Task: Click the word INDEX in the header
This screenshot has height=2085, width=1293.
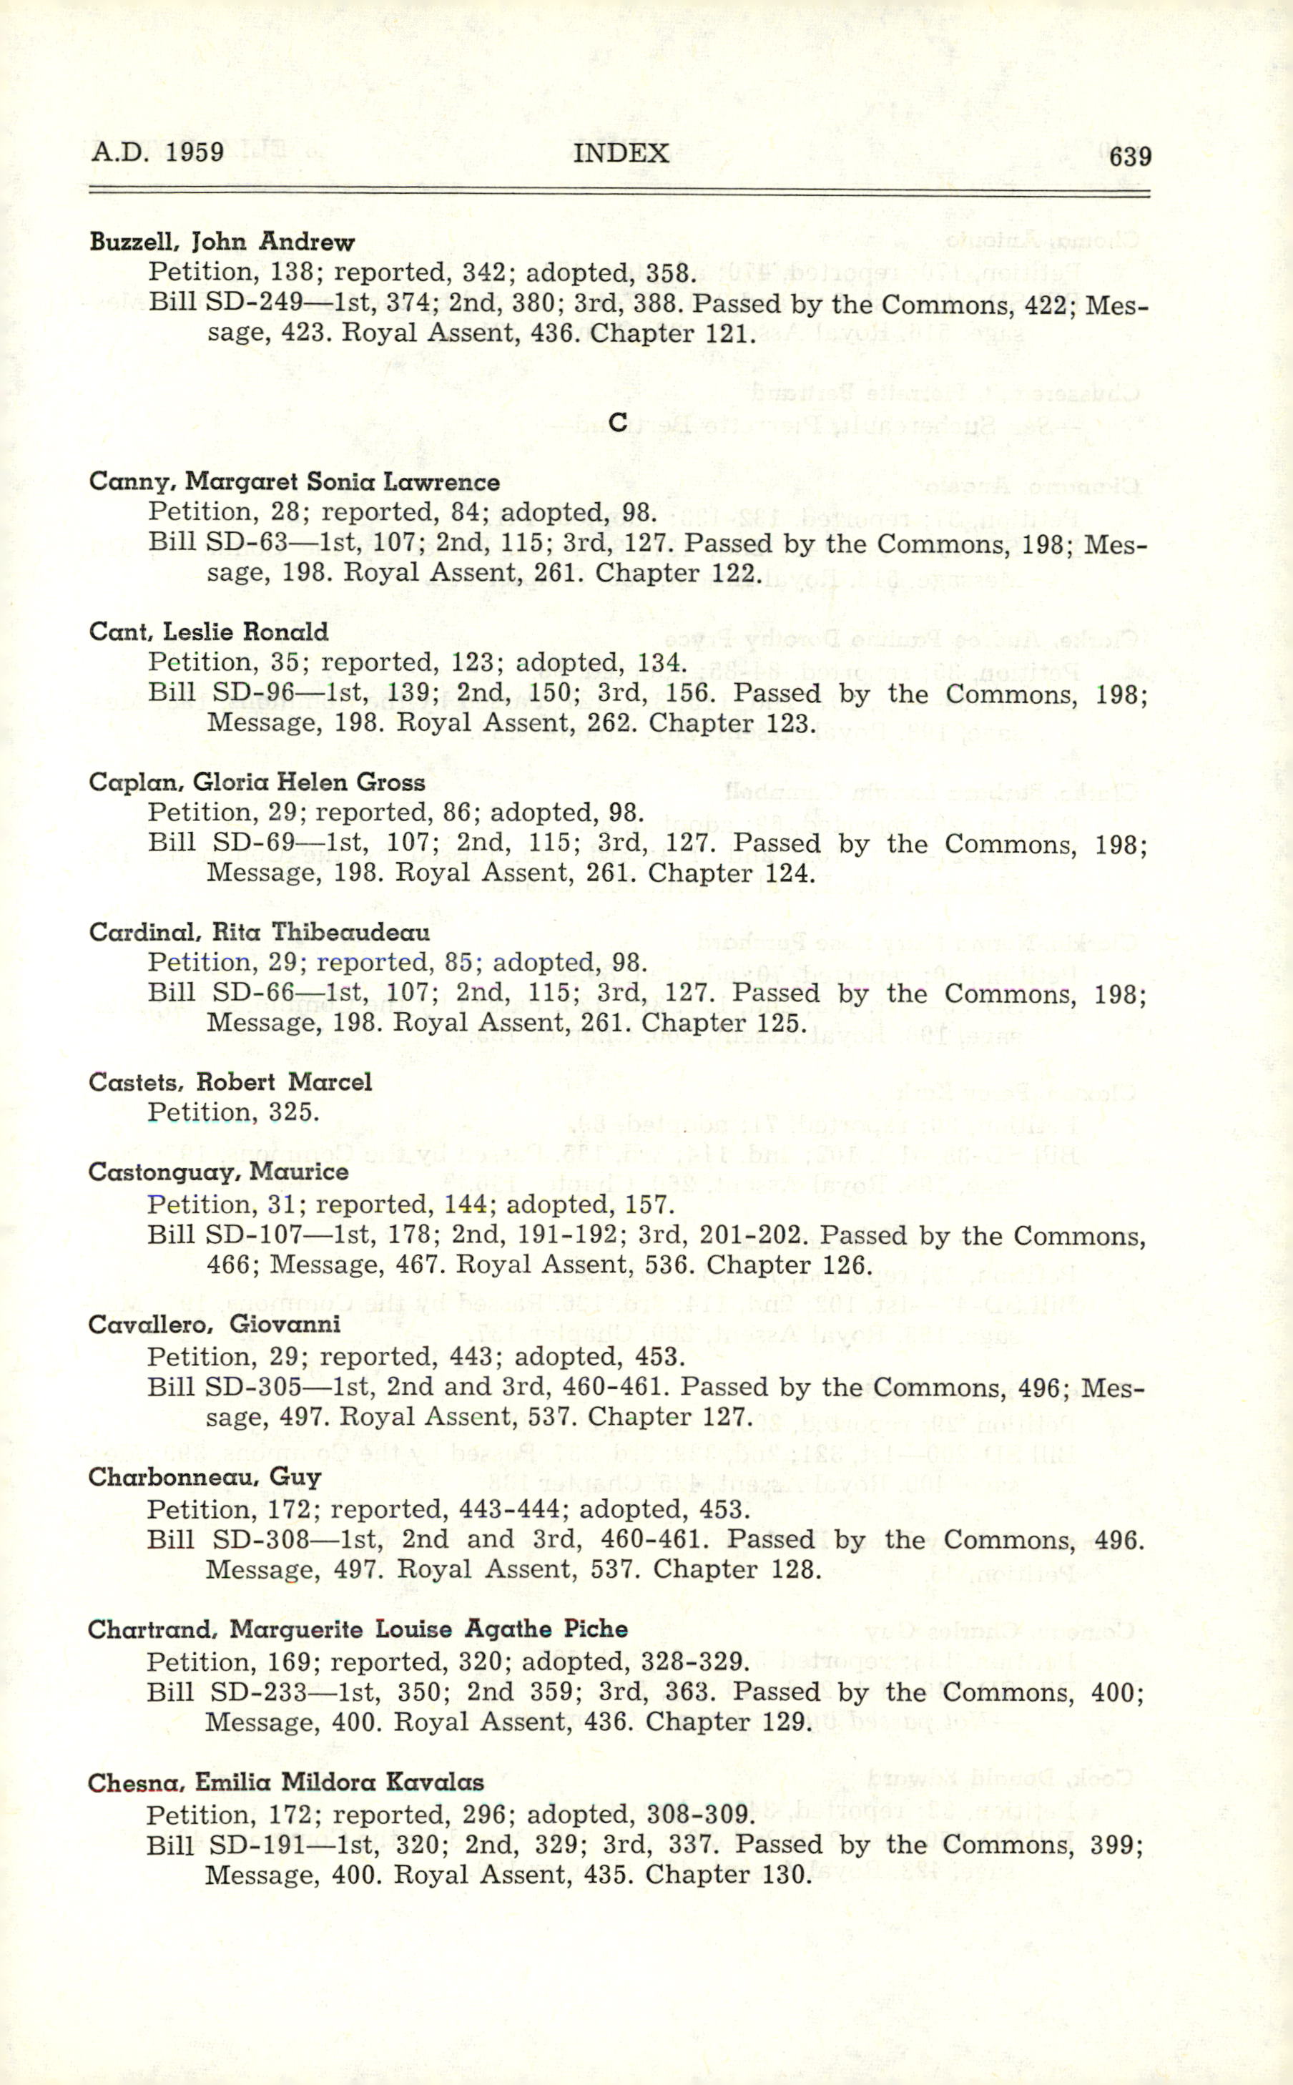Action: (x=621, y=153)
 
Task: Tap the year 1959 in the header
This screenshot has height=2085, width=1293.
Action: (x=195, y=152)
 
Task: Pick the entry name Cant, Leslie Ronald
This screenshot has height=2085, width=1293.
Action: (x=209, y=632)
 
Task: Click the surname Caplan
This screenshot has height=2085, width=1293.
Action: (x=135, y=783)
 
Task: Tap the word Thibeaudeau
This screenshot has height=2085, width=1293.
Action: (x=350, y=932)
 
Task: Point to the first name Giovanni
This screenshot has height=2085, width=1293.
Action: (x=285, y=1324)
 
